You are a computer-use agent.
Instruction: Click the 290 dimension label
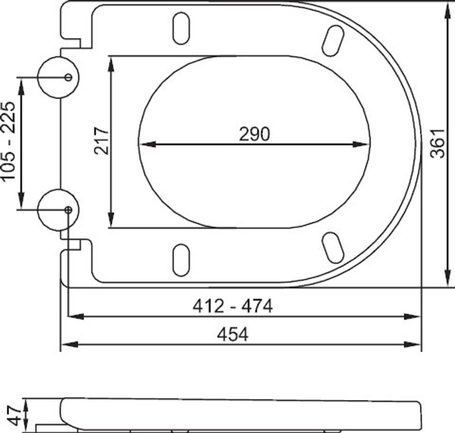[x=254, y=134]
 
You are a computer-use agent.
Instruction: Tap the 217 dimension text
[x=102, y=141]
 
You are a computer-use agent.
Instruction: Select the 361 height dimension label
[x=437, y=144]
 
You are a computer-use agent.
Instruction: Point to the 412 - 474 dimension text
[x=233, y=306]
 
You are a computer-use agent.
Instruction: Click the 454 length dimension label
[x=233, y=334]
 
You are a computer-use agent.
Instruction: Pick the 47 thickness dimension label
[x=14, y=415]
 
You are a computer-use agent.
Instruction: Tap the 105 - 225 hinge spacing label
[x=8, y=141]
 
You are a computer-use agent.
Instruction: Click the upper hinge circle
[x=58, y=78]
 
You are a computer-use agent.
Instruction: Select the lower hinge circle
[x=58, y=210]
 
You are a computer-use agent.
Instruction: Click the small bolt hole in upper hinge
[x=68, y=78]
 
